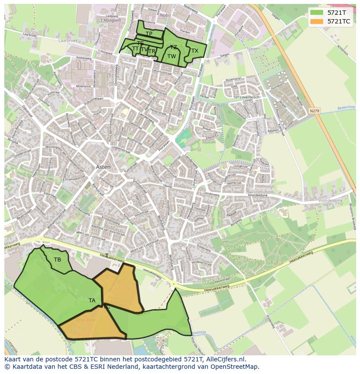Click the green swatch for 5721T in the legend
click(317, 13)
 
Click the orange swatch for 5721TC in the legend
click(317, 21)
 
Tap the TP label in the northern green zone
click(149, 34)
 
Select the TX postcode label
click(195, 51)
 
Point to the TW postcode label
click(172, 56)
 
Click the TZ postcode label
click(173, 47)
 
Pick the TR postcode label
click(152, 52)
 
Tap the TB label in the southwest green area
click(57, 260)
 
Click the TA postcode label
click(92, 301)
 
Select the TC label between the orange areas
click(107, 307)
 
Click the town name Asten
click(103, 167)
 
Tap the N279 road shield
click(315, 111)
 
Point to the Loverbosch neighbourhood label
click(250, 97)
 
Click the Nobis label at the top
click(165, 15)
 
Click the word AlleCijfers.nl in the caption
click(224, 359)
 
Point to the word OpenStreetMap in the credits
click(237, 367)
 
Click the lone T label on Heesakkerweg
click(107, 256)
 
